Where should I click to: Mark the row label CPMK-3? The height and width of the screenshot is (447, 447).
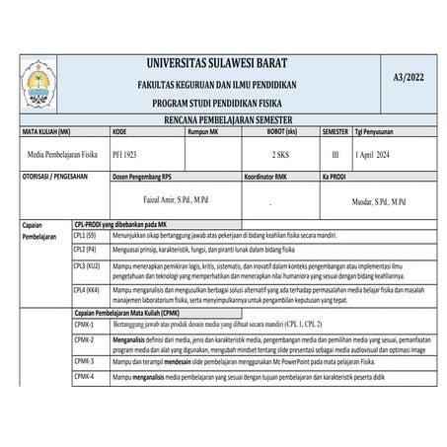[x=84, y=362]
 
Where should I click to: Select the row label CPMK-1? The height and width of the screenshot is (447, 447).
[x=84, y=325]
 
